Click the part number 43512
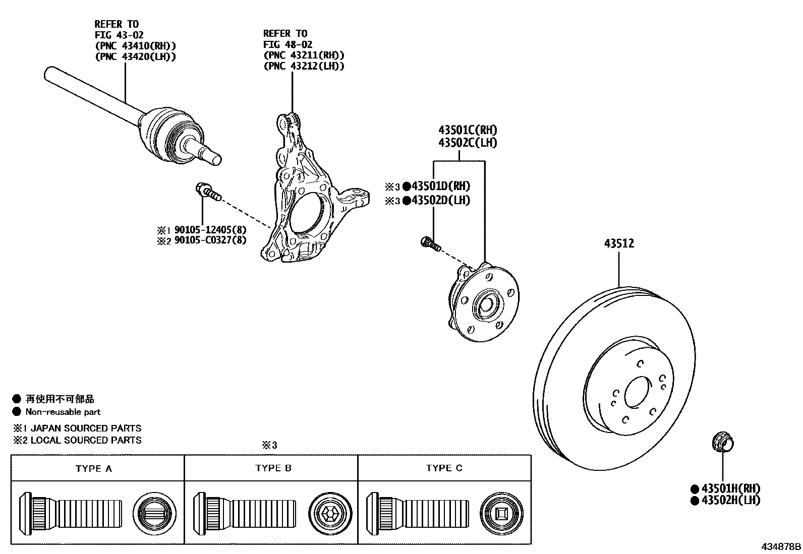pos(619,243)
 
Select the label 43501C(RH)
pos(468,130)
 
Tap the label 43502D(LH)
pos(440,200)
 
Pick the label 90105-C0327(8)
pos(210,240)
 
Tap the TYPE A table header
pos(93,468)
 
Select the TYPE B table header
pos(273,468)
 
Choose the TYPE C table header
pos(444,468)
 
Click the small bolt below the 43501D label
pos(430,243)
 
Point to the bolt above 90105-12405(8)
pos(207,192)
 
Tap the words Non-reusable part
pos(63,412)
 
